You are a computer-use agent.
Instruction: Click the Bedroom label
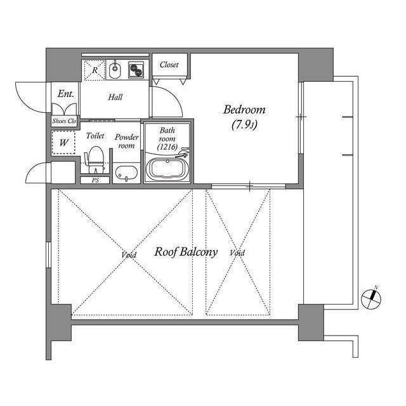click(x=244, y=109)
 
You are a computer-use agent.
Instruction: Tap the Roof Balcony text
click(x=186, y=252)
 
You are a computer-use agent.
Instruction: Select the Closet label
click(x=169, y=65)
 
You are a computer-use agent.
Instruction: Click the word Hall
click(x=115, y=97)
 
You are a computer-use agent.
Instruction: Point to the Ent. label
click(x=65, y=93)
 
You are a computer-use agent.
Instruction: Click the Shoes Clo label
click(x=63, y=120)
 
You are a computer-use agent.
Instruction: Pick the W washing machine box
click(x=63, y=143)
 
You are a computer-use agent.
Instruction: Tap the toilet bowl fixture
click(x=95, y=157)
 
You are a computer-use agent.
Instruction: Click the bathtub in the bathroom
click(x=168, y=169)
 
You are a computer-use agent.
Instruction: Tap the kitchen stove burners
click(x=136, y=69)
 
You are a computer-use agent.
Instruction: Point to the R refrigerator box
click(x=95, y=70)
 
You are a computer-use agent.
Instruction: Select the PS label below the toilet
click(x=95, y=180)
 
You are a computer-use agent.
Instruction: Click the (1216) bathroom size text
click(x=167, y=147)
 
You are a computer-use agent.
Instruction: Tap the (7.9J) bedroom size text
click(x=244, y=125)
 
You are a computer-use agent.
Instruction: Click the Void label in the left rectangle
click(x=129, y=255)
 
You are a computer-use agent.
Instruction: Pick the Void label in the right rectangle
click(x=237, y=253)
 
